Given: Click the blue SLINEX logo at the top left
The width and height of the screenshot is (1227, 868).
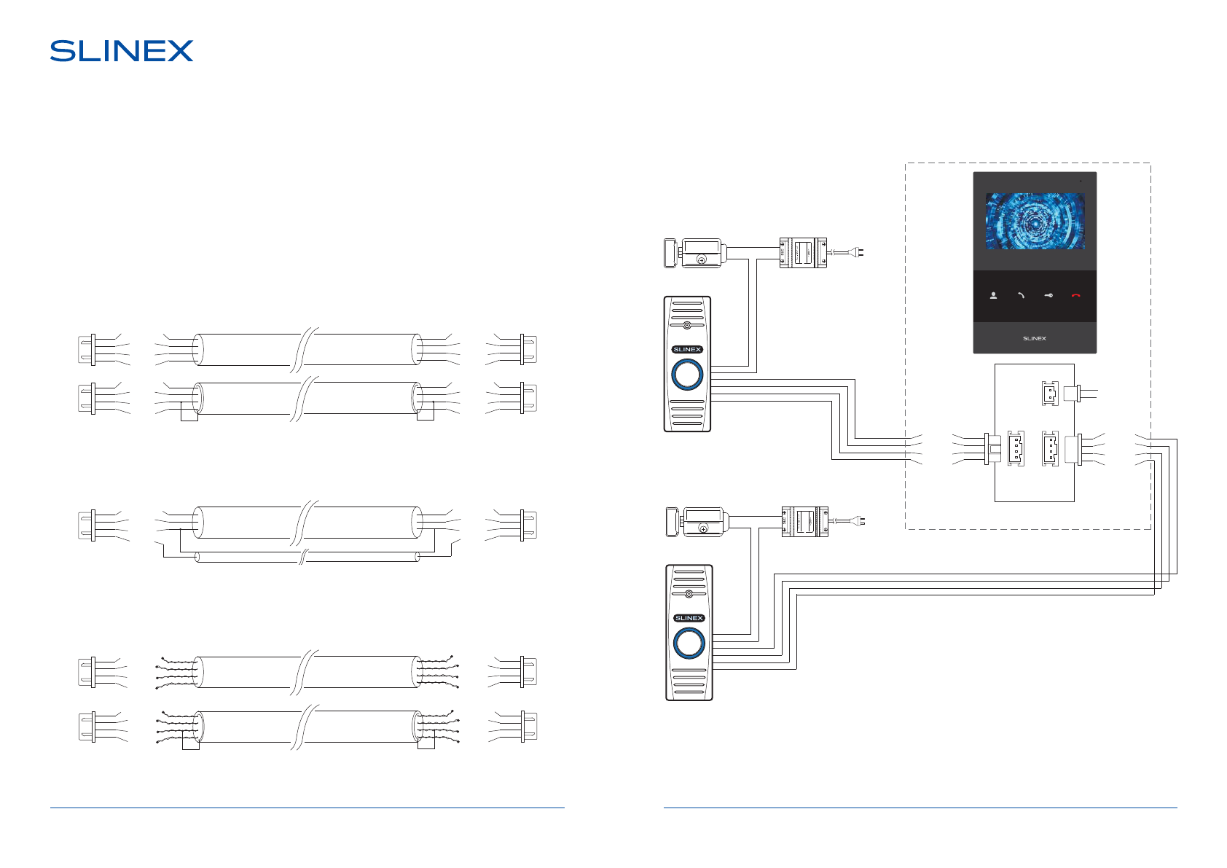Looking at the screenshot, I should coord(122,51).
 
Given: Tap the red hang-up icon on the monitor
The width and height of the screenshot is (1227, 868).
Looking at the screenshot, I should coord(1075,296).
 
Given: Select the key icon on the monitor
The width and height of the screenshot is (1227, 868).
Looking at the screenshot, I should coord(1048,296).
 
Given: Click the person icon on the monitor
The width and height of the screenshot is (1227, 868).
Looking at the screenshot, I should coord(993,296).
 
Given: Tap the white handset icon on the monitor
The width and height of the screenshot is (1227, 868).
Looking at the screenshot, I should coord(1021,296).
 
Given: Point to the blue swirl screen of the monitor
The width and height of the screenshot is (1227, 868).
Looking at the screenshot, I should coord(1035,221).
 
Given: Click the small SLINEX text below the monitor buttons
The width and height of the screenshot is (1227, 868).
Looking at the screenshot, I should coord(1034,339).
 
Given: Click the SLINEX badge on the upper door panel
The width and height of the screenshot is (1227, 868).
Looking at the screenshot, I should coord(687,350).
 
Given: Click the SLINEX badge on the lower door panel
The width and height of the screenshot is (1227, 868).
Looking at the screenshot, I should coord(689,618).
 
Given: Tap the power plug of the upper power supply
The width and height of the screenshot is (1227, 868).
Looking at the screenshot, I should coord(858,253).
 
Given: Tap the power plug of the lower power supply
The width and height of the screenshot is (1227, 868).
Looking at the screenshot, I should coord(861,521).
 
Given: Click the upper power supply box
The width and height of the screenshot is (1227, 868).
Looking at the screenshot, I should coord(803,253).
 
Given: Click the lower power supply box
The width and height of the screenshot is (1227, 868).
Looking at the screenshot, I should coord(805,521).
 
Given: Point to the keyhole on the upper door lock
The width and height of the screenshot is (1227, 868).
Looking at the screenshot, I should coord(702,259).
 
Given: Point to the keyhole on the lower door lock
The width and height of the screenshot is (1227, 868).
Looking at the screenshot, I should coord(703,528).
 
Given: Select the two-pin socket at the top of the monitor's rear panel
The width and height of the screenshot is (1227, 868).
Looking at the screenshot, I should coord(1049,394).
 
